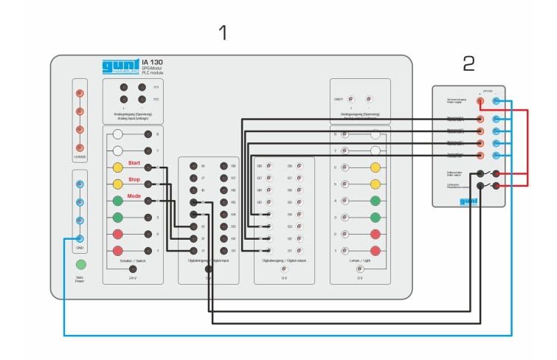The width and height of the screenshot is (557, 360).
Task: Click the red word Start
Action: pos(134,162)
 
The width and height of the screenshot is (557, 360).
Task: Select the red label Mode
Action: pos(134,196)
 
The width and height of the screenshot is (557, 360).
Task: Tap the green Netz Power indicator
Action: pos(81,264)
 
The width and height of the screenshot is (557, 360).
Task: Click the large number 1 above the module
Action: pos(224,33)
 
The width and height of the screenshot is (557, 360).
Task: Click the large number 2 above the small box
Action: pos(469,64)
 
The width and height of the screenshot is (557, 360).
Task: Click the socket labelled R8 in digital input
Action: pos(223,167)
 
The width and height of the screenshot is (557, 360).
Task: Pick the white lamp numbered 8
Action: pos(376,135)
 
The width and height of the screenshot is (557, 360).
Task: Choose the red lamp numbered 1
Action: pos(376,251)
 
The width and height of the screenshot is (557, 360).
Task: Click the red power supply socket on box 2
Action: pos(480,100)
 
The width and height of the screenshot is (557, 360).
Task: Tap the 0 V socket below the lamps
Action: pos(361,269)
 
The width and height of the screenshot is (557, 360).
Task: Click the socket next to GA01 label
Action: pos(352,99)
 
